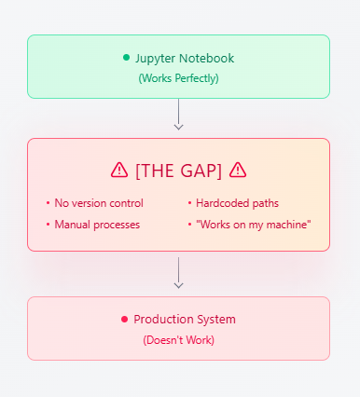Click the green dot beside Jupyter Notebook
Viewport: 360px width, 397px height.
click(126, 58)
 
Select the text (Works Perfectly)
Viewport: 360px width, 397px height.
click(178, 78)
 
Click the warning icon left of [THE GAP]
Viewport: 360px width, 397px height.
click(119, 170)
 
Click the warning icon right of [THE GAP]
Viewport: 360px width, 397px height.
click(238, 170)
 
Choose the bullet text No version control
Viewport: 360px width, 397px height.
click(99, 202)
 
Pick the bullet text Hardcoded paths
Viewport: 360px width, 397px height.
click(237, 202)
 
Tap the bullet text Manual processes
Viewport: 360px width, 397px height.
click(97, 225)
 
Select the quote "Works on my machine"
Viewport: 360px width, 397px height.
click(253, 225)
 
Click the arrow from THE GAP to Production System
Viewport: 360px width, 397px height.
click(178, 273)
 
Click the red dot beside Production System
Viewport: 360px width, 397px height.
click(124, 319)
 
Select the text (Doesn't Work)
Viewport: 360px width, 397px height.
click(178, 340)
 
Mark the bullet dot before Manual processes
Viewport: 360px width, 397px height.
click(48, 225)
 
